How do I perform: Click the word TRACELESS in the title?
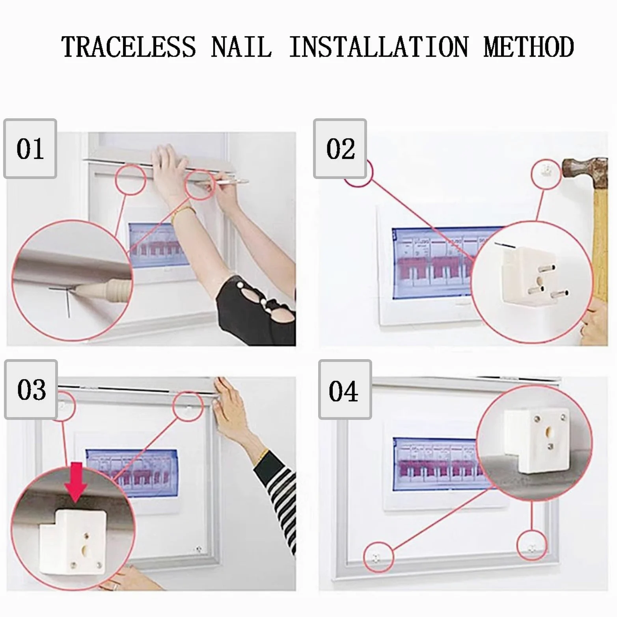click(129, 47)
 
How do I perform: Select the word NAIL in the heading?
click(241, 47)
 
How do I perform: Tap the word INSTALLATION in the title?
click(379, 47)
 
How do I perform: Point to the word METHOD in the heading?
click(529, 47)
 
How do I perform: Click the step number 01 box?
click(30, 149)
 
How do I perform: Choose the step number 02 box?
click(340, 149)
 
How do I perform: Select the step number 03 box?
click(31, 390)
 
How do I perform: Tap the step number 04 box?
click(345, 390)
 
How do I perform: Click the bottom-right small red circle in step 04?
click(532, 546)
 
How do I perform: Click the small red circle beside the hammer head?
click(546, 173)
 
